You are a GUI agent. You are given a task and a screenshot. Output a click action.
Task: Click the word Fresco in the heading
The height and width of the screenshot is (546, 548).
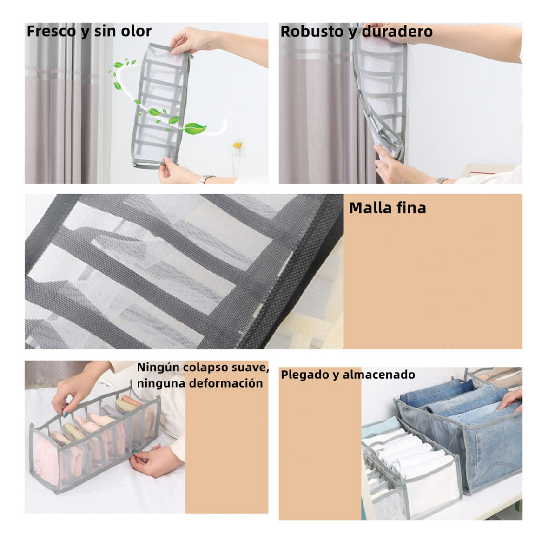52,31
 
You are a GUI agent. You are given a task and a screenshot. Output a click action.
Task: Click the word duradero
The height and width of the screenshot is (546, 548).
398,32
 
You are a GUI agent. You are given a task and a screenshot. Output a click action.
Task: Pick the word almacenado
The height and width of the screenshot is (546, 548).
379,375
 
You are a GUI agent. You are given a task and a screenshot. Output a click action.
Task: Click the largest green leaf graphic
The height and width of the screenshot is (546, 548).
194,128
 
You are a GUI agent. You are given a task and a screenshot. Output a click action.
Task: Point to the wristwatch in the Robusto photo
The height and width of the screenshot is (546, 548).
442,180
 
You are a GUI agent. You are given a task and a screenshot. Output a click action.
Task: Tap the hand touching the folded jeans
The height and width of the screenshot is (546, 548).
511,399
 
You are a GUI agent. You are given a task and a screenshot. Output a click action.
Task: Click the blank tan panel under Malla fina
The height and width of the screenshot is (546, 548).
433,279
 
